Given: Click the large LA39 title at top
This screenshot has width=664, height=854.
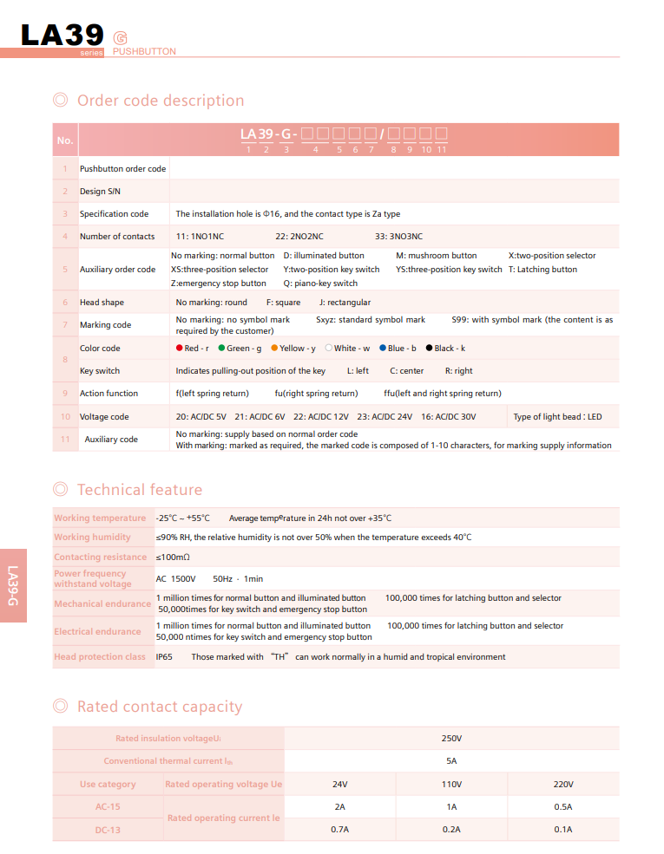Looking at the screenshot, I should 62,35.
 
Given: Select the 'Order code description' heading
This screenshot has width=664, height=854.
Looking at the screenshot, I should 161,101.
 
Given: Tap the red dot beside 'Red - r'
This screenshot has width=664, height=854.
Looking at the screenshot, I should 179,349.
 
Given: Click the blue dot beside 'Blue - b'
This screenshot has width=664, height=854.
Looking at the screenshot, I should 383,349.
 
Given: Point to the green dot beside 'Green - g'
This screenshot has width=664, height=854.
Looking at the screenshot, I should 221,349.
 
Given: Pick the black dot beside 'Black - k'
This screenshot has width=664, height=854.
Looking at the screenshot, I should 429,349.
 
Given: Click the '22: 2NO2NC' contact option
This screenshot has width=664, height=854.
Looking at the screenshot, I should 299,237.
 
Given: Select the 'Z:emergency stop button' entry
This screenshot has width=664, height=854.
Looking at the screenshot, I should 219,284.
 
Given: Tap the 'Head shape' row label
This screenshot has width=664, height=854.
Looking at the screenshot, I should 102,303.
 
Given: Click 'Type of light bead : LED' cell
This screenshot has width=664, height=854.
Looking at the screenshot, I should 557,417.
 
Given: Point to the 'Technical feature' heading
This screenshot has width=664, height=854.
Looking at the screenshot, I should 139,490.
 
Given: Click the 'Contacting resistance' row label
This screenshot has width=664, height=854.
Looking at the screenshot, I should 101,557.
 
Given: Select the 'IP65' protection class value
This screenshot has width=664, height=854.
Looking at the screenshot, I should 164,657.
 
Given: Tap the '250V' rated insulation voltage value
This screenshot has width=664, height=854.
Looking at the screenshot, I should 451,739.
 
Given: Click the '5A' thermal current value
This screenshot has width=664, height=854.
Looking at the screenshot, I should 451,761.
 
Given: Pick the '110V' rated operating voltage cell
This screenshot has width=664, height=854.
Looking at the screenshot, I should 451,785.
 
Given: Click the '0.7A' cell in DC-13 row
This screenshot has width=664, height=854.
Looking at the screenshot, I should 339,830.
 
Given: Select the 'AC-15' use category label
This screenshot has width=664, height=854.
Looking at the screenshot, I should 108,807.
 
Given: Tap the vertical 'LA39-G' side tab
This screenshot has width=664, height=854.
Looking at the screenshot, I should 13,585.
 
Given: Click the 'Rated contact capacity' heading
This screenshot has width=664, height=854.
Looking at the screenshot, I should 160,707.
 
